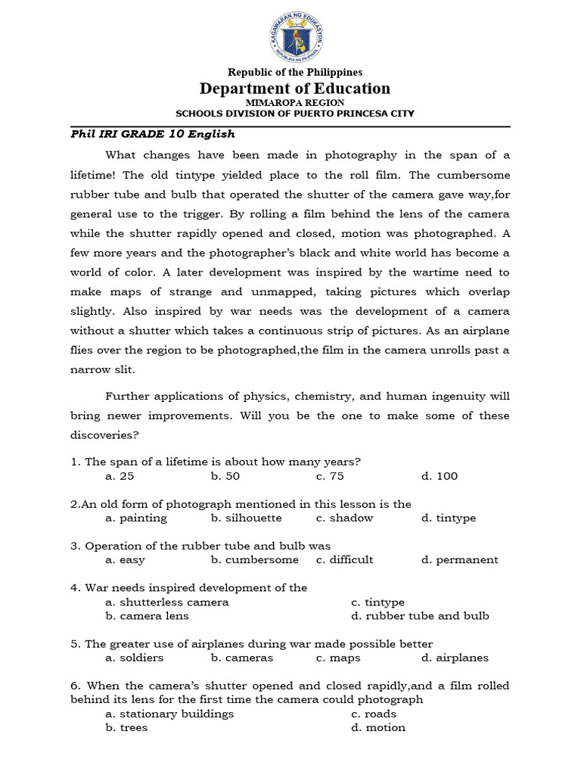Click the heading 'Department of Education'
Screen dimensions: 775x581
point(295,89)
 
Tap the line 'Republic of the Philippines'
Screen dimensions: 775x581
point(295,73)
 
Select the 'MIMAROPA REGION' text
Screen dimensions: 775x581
point(295,102)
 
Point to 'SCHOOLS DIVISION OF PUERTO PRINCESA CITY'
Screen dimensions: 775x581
point(295,114)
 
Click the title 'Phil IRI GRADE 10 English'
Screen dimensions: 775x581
point(153,135)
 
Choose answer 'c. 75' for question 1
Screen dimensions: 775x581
point(330,476)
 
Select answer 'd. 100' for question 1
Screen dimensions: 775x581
point(440,476)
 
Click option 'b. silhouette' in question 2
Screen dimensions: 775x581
point(247,518)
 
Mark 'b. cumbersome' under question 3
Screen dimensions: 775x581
point(255,560)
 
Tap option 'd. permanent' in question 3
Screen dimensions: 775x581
point(460,560)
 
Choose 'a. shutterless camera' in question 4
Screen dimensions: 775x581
point(167,602)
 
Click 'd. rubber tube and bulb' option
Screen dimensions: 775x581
point(420,616)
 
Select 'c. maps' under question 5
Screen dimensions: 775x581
point(339,658)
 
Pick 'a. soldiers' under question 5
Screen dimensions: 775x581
point(135,658)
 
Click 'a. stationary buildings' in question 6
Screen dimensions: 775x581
point(170,714)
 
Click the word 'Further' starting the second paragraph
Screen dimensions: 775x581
point(127,396)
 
